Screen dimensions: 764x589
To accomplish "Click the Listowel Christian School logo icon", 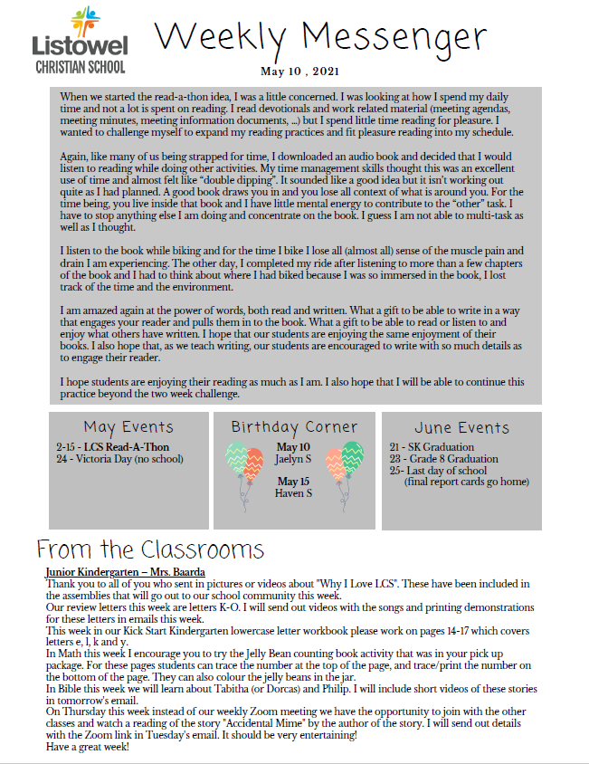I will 80,21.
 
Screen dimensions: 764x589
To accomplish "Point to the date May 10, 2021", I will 300,72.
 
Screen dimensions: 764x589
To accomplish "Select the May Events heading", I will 128,426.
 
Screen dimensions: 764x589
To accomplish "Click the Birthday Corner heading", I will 294,426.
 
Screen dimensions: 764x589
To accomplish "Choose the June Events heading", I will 462,427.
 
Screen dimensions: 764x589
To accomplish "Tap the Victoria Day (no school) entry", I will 119,459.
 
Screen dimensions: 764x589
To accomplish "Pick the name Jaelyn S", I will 293,460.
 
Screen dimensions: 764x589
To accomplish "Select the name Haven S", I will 293,493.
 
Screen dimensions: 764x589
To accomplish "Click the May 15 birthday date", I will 293,482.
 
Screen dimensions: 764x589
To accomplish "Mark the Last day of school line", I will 438,471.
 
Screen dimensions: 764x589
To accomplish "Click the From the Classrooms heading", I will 150,549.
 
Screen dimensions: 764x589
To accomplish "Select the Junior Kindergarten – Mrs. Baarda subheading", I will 125,572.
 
